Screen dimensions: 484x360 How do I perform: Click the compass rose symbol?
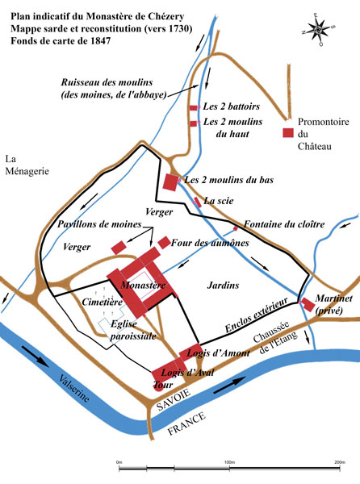point(320,28)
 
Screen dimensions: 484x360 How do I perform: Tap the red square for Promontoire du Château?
point(287,133)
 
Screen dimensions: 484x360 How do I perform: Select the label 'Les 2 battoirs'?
point(227,106)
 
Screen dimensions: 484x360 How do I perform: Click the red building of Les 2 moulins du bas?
point(170,181)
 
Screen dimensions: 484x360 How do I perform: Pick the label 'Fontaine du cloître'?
point(277,223)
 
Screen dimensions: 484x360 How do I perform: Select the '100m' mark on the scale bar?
point(228,461)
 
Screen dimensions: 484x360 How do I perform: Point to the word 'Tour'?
point(163,386)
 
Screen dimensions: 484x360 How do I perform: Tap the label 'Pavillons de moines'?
point(98,223)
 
